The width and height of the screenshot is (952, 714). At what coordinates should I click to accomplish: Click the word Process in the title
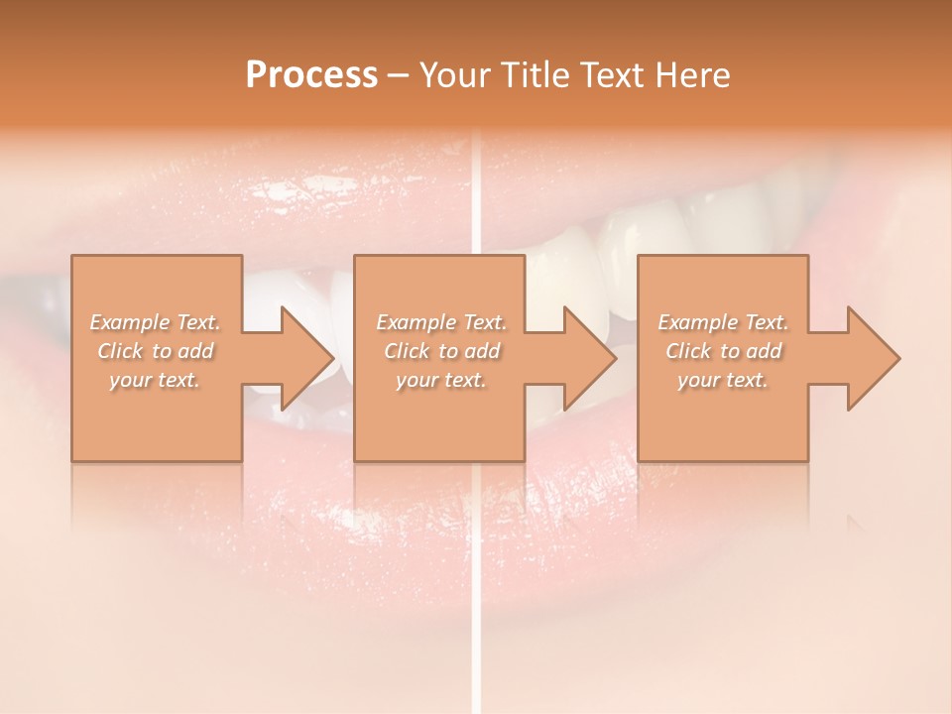point(311,75)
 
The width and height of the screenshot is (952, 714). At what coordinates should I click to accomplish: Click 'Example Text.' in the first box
point(156,322)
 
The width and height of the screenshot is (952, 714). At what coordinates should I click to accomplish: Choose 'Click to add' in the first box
point(156,351)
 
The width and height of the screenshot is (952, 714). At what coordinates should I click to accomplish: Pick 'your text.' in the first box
point(156,380)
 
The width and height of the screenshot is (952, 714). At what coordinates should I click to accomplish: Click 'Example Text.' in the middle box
point(441,322)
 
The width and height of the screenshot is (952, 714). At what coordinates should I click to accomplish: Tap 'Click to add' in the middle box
point(441,351)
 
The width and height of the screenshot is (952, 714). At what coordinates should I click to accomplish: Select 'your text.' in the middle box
point(441,380)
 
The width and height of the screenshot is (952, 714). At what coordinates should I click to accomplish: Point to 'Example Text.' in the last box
point(723,322)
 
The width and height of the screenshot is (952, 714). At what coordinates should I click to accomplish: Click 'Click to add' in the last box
point(723,351)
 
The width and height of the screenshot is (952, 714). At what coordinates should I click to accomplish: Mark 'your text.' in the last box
point(723,380)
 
